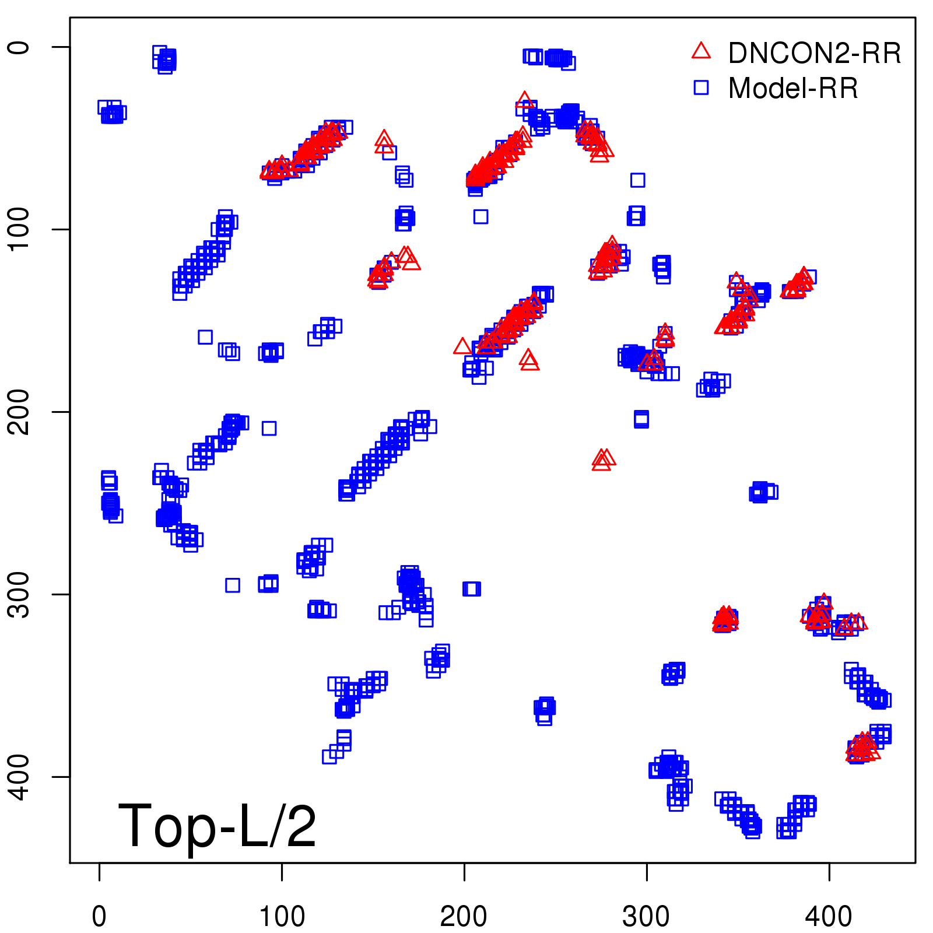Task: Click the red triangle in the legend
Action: (x=701, y=51)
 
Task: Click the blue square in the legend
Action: (x=701, y=87)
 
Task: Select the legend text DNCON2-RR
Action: (x=815, y=54)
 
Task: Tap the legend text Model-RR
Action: (x=793, y=89)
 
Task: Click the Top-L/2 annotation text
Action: (x=217, y=827)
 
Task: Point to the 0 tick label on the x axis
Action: (x=99, y=917)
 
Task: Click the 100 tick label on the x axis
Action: (x=282, y=917)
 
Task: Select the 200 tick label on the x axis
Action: (x=464, y=917)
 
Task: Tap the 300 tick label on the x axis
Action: (x=646, y=917)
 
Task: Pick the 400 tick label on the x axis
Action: (x=829, y=917)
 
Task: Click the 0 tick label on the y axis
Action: (x=20, y=47)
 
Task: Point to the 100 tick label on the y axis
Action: (x=20, y=229)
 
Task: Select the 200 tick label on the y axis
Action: (x=20, y=412)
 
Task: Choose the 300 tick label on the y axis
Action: (x=20, y=594)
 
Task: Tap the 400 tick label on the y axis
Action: (x=20, y=777)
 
